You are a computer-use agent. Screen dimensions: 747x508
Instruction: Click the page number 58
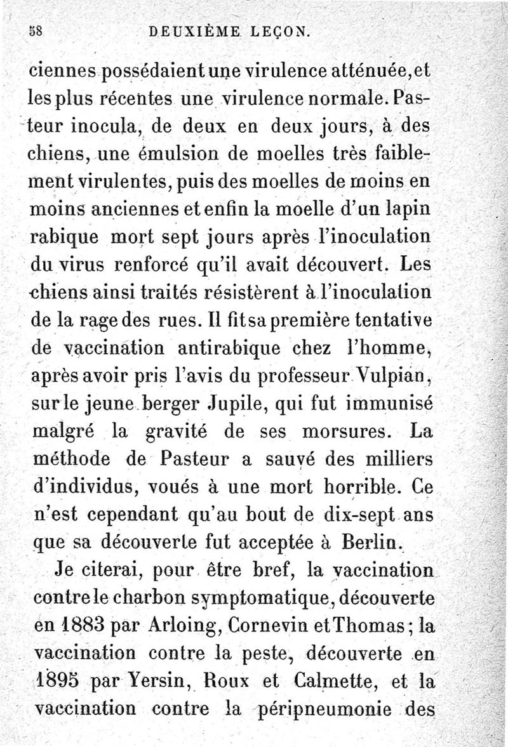pyautogui.click(x=34, y=30)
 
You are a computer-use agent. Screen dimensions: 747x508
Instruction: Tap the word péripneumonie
pyautogui.click(x=330, y=709)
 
